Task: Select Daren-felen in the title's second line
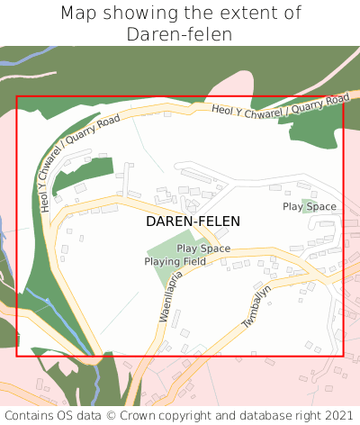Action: click(180, 34)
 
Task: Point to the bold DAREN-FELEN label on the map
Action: click(193, 221)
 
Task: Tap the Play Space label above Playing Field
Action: click(203, 249)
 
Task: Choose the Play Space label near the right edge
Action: click(310, 207)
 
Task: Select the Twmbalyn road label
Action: click(256, 307)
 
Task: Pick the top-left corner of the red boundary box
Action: click(17, 97)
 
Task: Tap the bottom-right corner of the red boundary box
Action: click(344, 356)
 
